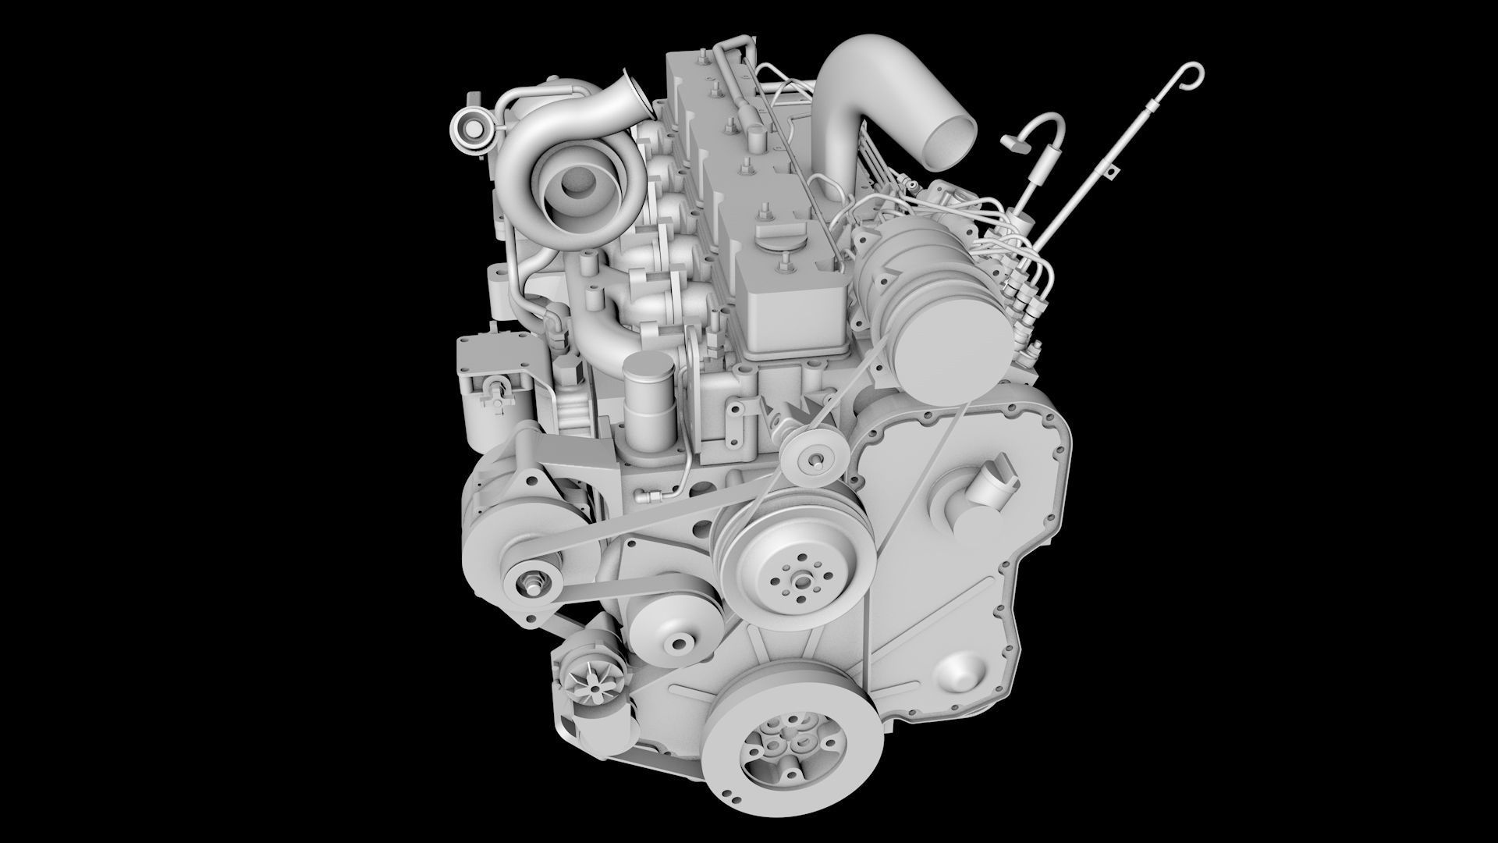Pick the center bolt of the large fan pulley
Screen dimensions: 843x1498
coord(800,581)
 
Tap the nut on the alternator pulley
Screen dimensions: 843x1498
coord(533,582)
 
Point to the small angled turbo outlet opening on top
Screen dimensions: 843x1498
coord(630,92)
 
